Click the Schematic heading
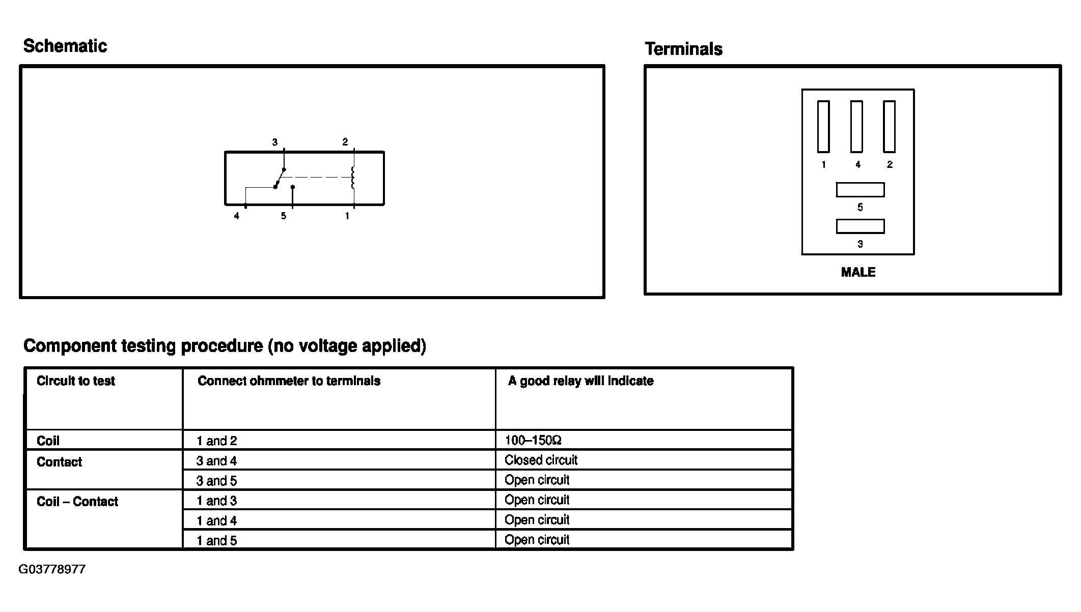tap(65, 46)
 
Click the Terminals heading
tap(683, 49)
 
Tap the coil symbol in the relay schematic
tap(352, 178)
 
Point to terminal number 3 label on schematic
tap(275, 142)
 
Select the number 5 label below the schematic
tap(284, 216)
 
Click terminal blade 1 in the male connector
tap(823, 127)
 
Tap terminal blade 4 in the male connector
tap(856, 127)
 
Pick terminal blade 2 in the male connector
tap(889, 127)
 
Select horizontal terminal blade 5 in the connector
tap(860, 190)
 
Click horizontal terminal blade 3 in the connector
tap(860, 226)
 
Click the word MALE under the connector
tap(858, 272)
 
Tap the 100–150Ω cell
tap(533, 440)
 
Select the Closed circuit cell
tap(541, 460)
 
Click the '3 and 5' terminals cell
tap(217, 481)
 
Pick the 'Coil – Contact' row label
tap(77, 502)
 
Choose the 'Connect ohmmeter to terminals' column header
tap(289, 381)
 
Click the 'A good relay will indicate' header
tap(580, 381)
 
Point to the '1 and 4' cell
tap(217, 521)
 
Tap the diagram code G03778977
tap(52, 569)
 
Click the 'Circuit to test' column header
tap(76, 381)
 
